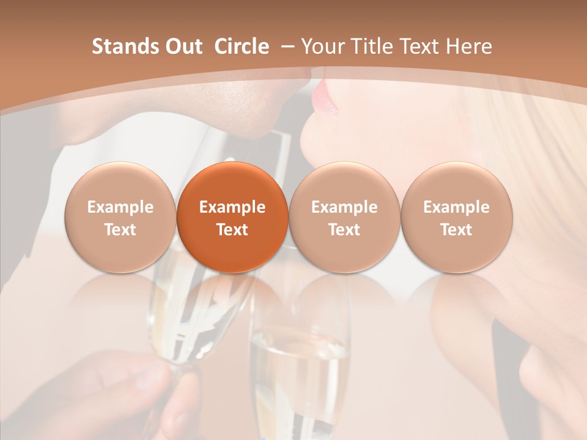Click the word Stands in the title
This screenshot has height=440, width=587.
click(x=121, y=46)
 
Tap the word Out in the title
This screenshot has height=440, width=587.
click(x=182, y=46)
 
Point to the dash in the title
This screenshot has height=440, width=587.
click(x=286, y=47)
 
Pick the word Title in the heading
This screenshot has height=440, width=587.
click(x=372, y=46)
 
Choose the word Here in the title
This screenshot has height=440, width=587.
click(x=468, y=46)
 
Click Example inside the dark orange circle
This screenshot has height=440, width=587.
click(x=232, y=207)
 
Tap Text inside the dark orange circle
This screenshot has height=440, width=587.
click(x=232, y=230)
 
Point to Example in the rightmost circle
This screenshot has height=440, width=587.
click(x=456, y=207)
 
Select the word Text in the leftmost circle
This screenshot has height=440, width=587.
click(x=120, y=230)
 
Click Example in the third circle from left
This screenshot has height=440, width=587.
click(x=344, y=207)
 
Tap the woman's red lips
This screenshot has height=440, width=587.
click(x=325, y=97)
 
